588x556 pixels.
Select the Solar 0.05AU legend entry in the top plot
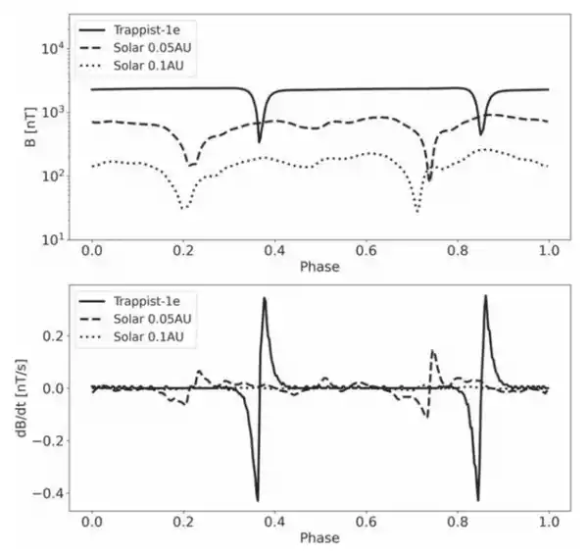(159, 48)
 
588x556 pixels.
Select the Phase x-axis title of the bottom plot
(320, 538)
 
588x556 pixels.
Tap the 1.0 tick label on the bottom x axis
(549, 521)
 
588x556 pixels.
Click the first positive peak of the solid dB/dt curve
(265, 299)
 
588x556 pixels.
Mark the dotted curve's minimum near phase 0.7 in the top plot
(417, 210)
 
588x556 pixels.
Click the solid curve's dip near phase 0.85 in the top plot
(480, 133)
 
